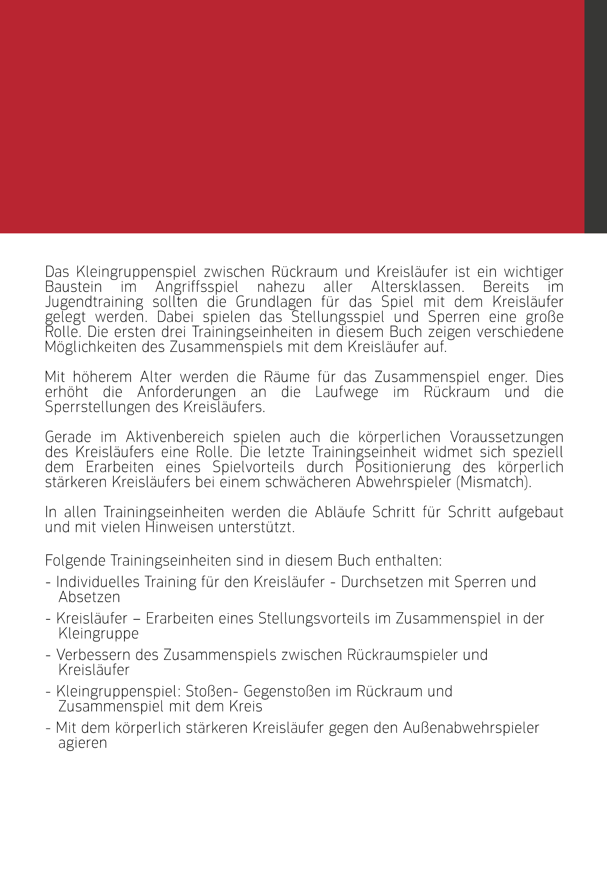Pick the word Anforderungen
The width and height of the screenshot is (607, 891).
tap(187, 392)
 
